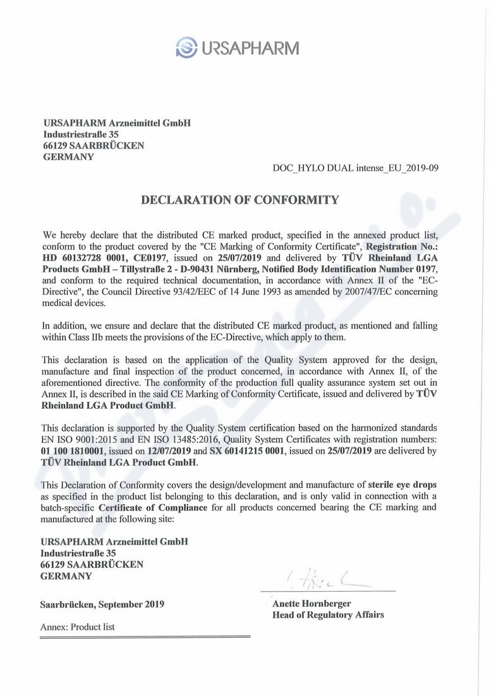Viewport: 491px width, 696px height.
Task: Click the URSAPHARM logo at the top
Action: pos(237,47)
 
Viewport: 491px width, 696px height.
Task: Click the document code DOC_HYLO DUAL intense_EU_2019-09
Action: pos(355,168)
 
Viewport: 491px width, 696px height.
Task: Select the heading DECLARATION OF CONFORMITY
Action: pos(239,201)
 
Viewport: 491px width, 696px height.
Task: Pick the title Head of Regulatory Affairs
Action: pos(327,614)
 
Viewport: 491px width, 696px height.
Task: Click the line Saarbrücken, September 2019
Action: pos(102,604)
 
